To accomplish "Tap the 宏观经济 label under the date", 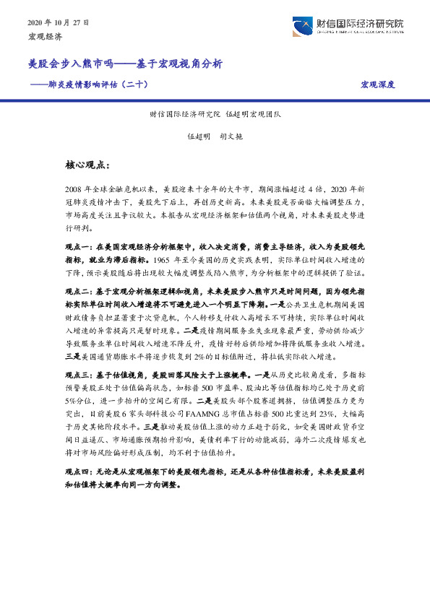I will [45, 35].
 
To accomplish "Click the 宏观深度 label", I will [377, 84].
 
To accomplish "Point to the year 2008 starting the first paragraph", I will [74, 187].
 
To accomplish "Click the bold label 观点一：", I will [79, 247].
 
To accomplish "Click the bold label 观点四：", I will [79, 470].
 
